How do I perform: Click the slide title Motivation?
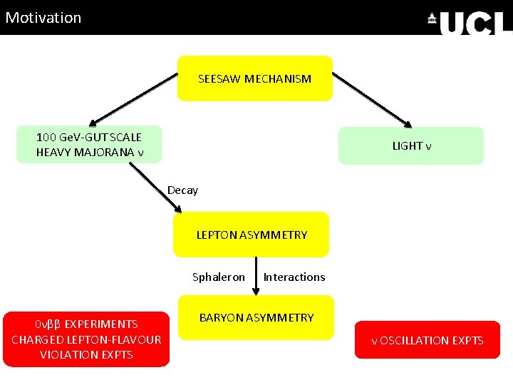coord(43,17)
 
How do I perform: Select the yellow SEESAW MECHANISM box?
coord(254,78)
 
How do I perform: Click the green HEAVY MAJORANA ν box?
coord(89,145)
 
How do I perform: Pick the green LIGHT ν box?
coord(411,145)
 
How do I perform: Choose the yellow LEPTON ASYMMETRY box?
coord(252,235)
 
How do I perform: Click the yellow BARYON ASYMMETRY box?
coord(256,317)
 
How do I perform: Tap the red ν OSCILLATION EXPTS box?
coord(427,340)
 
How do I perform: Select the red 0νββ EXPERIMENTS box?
coord(86,339)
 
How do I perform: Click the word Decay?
coord(182,190)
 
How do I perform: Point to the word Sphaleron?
coord(219,277)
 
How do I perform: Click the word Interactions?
coord(294,277)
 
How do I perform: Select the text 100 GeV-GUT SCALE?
coord(89,137)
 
